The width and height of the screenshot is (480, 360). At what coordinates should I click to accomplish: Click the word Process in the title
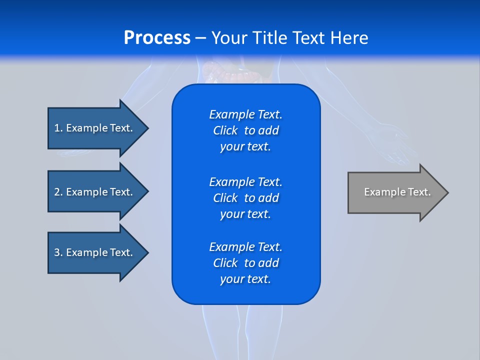point(157,38)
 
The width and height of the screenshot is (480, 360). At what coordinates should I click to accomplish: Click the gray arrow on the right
point(395,192)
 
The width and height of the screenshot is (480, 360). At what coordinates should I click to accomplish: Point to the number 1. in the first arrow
point(58,128)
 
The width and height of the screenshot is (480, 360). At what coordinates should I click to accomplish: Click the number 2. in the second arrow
point(58,192)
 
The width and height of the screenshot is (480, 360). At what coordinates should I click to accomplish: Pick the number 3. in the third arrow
point(58,252)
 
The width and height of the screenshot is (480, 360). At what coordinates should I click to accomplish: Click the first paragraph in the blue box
point(245,130)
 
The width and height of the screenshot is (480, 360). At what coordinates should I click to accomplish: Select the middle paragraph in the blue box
point(245,198)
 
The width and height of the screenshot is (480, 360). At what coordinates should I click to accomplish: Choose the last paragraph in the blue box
point(245,263)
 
